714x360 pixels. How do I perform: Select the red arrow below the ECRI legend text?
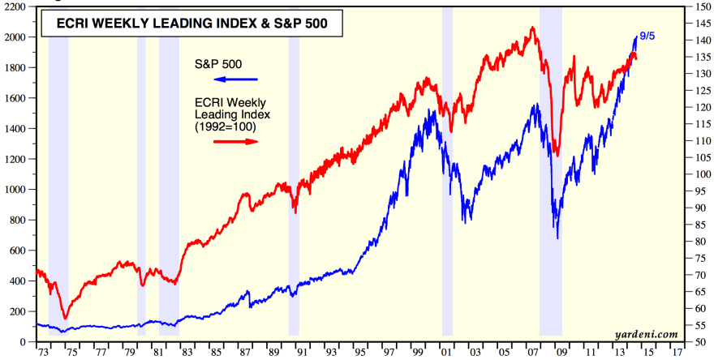coord(235,141)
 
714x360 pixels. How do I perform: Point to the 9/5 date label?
coord(648,36)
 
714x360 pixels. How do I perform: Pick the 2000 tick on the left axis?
coord(15,37)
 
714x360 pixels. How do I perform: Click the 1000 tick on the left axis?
coord(15,190)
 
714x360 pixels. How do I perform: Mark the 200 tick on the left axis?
coord(18,311)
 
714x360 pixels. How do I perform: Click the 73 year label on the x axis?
coord(43,354)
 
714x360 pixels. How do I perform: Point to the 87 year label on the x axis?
coord(244,354)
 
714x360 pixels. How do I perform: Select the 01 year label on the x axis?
coord(446,354)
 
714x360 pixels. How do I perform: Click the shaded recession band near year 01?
coord(447,178)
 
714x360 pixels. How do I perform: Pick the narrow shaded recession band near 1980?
coord(141,178)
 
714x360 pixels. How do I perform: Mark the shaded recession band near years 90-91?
coord(294,178)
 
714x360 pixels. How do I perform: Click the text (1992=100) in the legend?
coord(226,127)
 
